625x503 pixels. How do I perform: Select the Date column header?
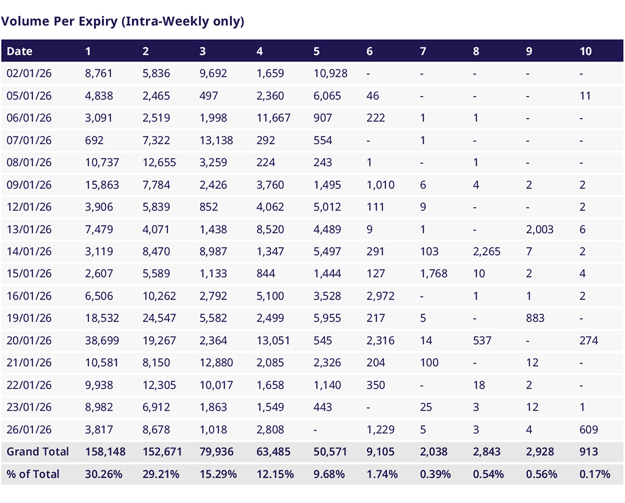pyautogui.click(x=20, y=51)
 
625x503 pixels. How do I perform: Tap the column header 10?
pyautogui.click(x=585, y=51)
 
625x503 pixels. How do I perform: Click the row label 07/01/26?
pyautogui.click(x=29, y=141)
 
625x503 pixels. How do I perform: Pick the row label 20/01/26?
pyautogui.click(x=29, y=340)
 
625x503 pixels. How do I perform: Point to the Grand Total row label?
pyautogui.click(x=38, y=452)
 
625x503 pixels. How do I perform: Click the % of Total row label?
pyautogui.click(x=33, y=474)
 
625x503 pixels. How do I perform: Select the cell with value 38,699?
pyautogui.click(x=103, y=340)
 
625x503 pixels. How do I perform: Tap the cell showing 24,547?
pyautogui.click(x=159, y=318)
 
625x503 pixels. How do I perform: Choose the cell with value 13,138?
pyautogui.click(x=216, y=141)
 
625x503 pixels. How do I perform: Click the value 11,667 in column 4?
pyautogui.click(x=273, y=118)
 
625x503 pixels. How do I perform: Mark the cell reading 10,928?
pyautogui.click(x=330, y=73)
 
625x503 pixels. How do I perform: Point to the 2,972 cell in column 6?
pyautogui.click(x=380, y=296)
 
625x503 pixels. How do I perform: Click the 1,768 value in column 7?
pyautogui.click(x=433, y=274)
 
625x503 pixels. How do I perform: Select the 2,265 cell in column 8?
pyautogui.click(x=486, y=252)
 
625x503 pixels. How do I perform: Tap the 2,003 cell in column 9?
pyautogui.click(x=540, y=229)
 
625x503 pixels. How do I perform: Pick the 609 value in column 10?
pyautogui.click(x=588, y=430)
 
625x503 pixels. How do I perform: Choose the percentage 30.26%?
pyautogui.click(x=103, y=474)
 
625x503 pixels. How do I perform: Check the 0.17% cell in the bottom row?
pyautogui.click(x=594, y=474)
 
